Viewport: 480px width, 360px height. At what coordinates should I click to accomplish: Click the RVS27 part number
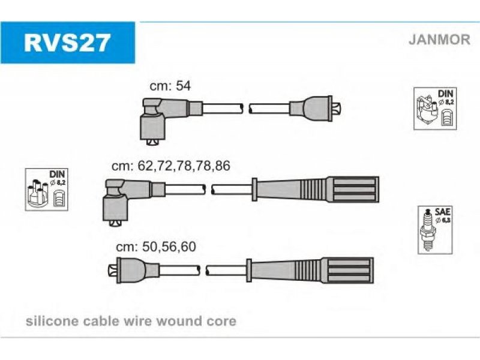[67, 43]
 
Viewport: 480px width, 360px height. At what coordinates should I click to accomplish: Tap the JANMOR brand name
[439, 40]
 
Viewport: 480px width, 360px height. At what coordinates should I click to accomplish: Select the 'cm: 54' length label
[170, 86]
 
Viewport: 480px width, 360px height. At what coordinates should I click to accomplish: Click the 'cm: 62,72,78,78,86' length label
[171, 166]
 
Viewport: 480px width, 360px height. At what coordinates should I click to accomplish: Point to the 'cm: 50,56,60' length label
[156, 247]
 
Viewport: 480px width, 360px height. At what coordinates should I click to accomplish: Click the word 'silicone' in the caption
[52, 321]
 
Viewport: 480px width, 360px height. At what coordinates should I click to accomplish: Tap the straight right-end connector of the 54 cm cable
[316, 109]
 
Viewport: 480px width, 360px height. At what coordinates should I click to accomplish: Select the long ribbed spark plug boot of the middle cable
[316, 190]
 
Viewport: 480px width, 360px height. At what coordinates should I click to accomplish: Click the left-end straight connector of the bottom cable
[134, 271]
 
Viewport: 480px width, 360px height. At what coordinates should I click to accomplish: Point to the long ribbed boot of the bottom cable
[310, 271]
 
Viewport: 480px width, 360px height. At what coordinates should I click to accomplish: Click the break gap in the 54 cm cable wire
[246, 109]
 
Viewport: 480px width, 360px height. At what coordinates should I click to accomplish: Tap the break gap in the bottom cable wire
[203, 271]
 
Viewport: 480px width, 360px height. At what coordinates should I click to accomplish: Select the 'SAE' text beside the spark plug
[443, 212]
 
